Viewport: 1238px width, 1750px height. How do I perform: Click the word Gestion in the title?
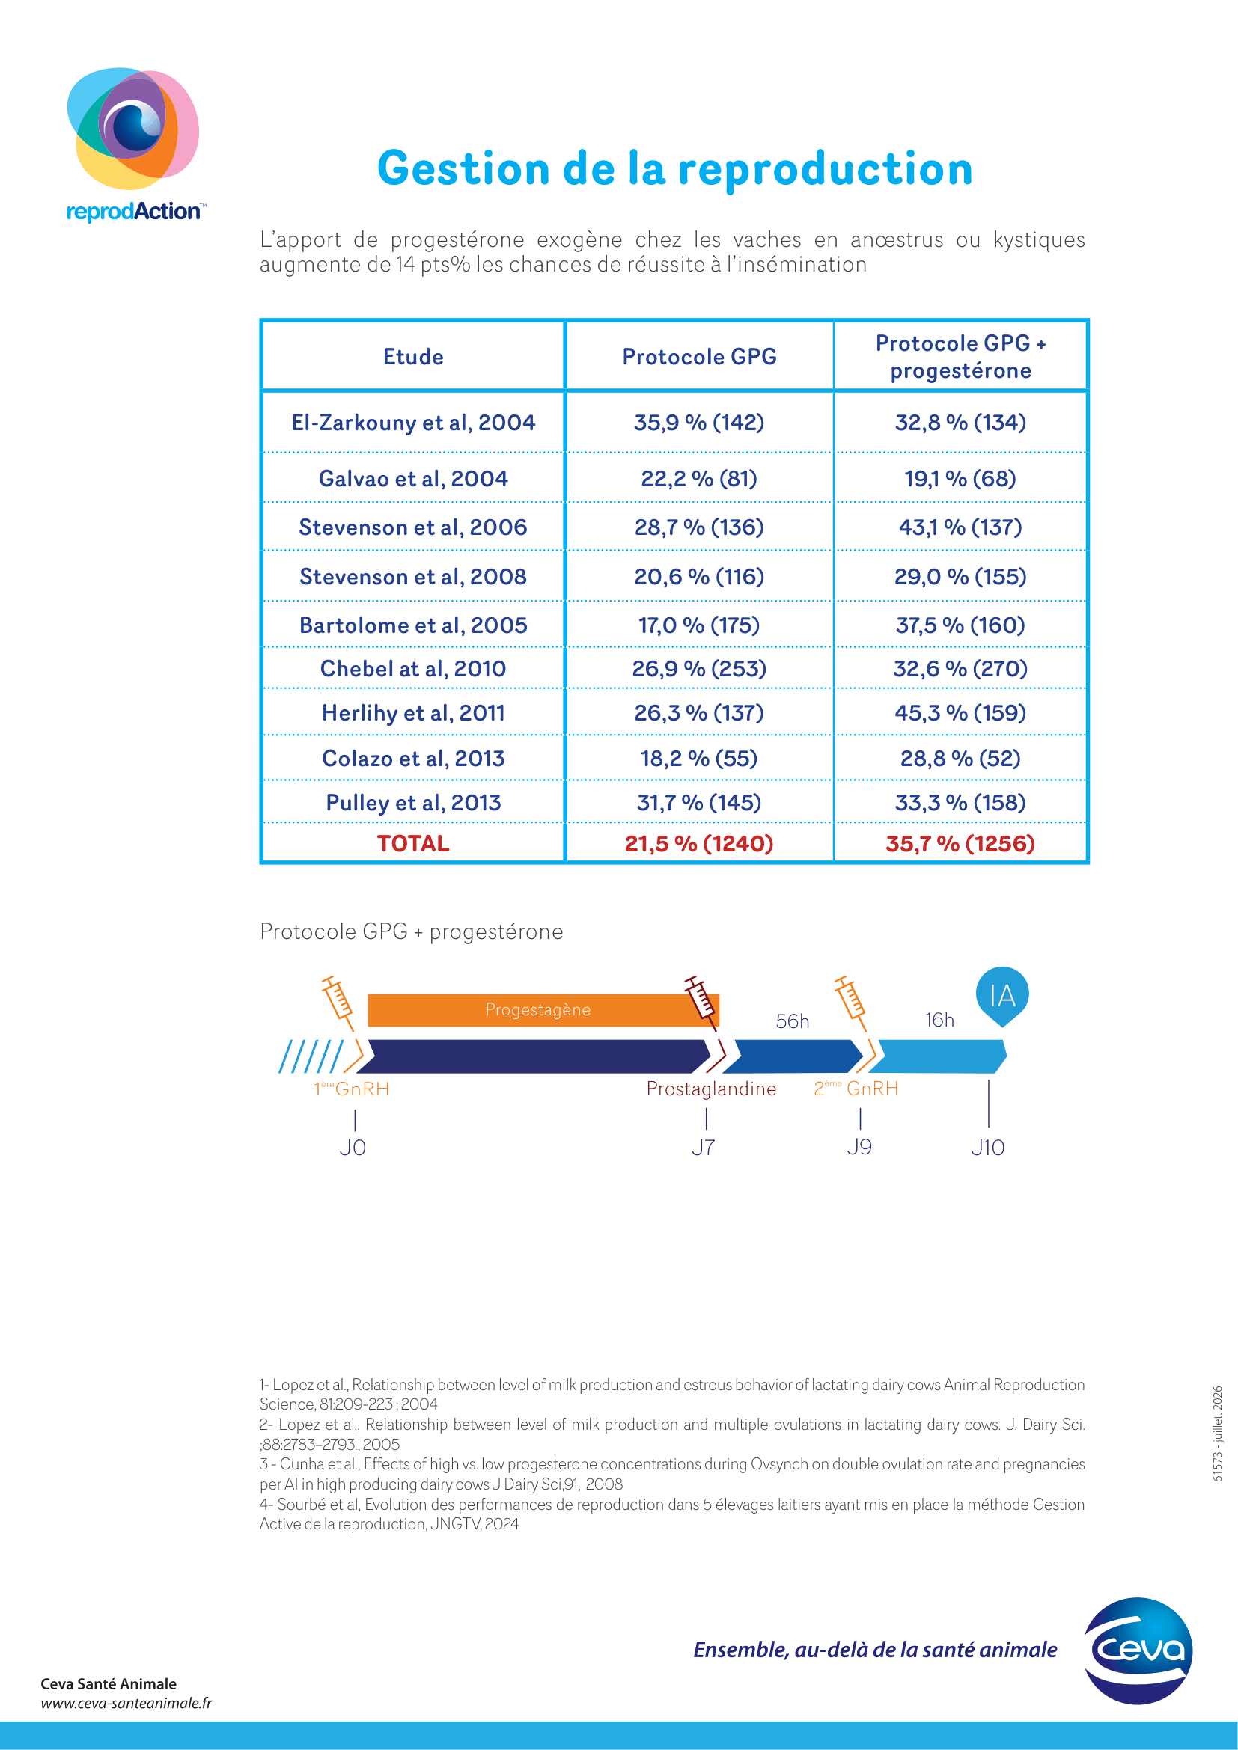click(x=463, y=168)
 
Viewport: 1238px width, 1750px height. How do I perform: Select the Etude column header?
click(x=413, y=357)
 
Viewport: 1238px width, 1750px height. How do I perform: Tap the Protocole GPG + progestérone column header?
click(x=960, y=357)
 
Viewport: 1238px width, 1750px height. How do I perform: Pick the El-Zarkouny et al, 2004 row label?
click(x=413, y=422)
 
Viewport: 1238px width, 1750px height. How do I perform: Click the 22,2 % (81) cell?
click(x=699, y=479)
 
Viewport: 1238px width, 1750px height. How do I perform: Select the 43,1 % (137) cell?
click(x=960, y=527)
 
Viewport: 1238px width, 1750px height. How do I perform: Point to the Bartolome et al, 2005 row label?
click(x=413, y=625)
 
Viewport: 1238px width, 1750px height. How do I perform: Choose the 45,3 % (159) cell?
click(x=960, y=713)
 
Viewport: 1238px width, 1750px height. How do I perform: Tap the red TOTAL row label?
click(x=413, y=844)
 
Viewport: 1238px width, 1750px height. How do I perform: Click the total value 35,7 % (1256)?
click(x=960, y=844)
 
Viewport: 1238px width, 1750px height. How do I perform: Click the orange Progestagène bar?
click(x=543, y=1010)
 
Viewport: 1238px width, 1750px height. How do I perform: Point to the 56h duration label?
click(x=793, y=1021)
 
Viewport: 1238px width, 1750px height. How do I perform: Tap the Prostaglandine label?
click(x=711, y=1089)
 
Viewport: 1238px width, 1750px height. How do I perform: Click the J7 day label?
click(x=704, y=1147)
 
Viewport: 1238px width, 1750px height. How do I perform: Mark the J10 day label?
click(x=988, y=1147)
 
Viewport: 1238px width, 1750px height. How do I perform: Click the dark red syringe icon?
click(x=702, y=1002)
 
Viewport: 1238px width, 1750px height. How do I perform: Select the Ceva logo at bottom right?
click(x=1138, y=1651)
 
